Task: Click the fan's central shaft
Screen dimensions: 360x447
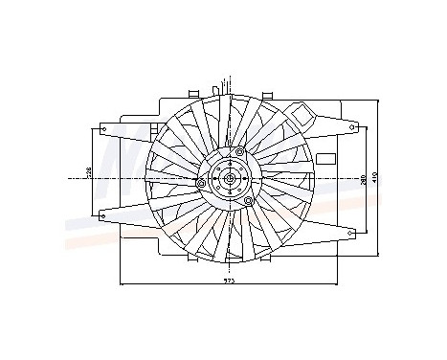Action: pos(230,178)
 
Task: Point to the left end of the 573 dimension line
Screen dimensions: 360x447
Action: pos(119,283)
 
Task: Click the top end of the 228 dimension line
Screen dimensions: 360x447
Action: pos(93,127)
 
